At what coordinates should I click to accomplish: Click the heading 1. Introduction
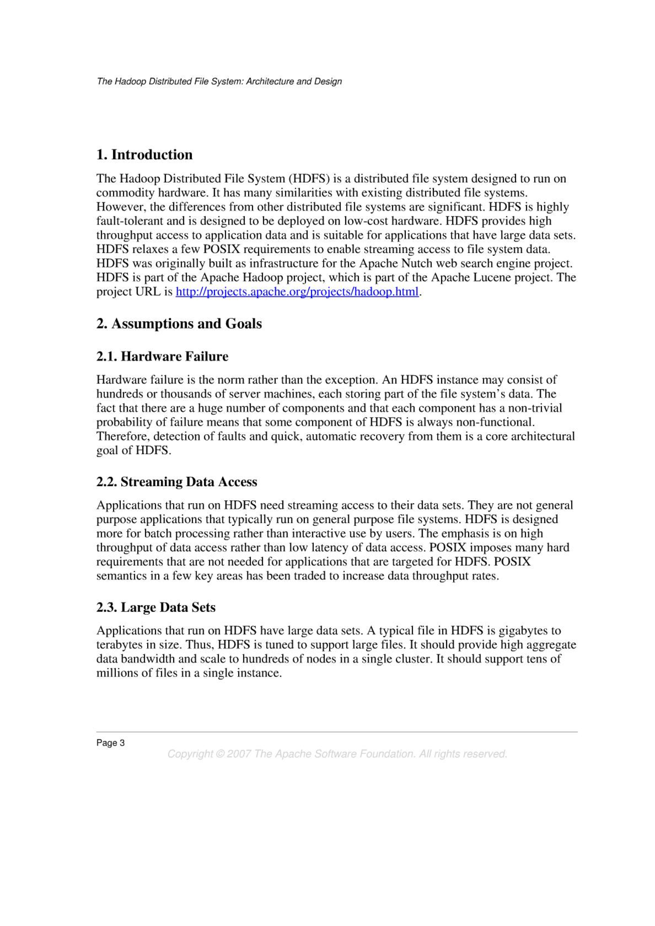tap(144, 155)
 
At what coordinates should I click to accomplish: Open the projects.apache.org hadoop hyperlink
tap(297, 292)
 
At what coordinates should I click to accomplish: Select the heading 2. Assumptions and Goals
tap(179, 323)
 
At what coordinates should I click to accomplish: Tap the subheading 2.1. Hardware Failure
tap(162, 356)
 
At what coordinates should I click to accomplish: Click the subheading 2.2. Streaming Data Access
tap(177, 482)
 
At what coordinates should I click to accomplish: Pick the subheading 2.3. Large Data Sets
tap(156, 607)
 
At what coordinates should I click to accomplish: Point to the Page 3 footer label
tap(110, 743)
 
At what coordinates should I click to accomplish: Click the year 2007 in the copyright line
tap(239, 754)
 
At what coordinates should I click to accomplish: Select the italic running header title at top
tap(219, 81)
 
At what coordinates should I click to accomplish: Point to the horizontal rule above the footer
tap(337, 732)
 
